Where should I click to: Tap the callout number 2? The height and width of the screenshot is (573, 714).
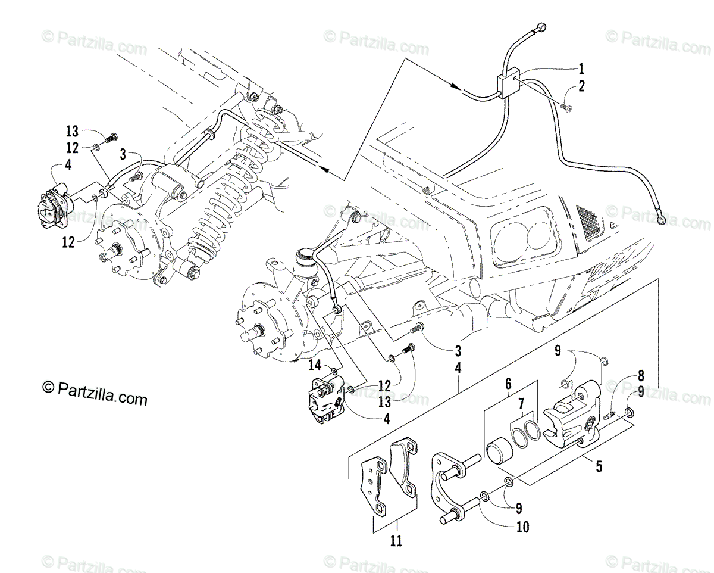[x=581, y=86]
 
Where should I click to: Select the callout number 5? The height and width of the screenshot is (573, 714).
[x=599, y=466]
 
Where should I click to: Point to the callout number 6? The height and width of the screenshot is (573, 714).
[x=509, y=385]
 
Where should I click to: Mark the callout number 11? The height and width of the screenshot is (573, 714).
[x=396, y=541]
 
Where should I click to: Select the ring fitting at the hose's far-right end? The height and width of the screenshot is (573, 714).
[x=662, y=221]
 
